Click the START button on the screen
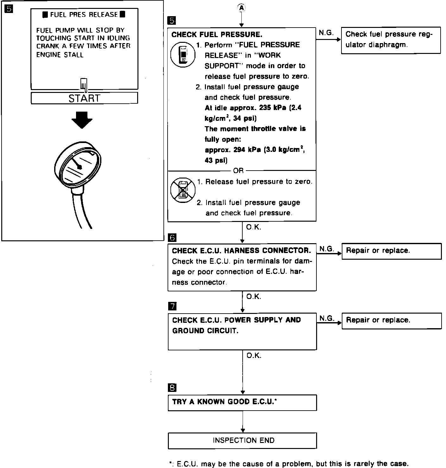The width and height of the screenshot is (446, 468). click(84, 98)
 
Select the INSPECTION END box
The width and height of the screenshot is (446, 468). click(242, 440)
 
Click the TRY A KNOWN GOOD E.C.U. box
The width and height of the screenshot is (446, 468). click(242, 402)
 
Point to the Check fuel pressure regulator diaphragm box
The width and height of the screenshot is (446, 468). click(391, 40)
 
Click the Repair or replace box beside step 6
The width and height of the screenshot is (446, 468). click(392, 251)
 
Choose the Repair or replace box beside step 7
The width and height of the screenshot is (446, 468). click(392, 321)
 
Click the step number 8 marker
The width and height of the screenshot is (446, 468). click(172, 387)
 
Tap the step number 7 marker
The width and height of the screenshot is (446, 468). click(172, 306)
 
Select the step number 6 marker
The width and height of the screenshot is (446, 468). click(172, 237)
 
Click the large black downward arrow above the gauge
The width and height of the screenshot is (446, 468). click(82, 120)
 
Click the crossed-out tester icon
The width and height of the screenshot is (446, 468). click(183, 190)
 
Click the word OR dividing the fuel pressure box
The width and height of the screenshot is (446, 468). click(238, 171)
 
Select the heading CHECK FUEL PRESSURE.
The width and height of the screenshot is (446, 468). click(217, 35)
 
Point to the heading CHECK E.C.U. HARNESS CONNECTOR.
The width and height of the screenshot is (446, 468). click(241, 251)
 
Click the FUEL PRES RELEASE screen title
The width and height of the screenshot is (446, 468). click(84, 15)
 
